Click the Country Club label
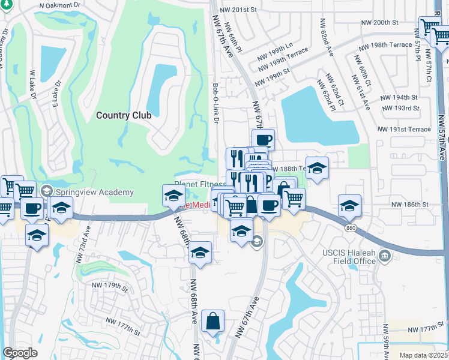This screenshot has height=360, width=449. click(124, 115)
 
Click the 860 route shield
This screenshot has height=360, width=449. click(350, 228)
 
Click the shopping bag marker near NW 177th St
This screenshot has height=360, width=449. click(212, 322)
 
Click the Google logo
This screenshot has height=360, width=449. click(20, 353)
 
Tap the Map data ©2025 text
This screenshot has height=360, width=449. click(423, 355)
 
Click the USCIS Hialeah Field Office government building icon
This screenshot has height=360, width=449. click(385, 257)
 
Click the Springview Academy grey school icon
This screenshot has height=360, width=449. click(46, 192)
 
